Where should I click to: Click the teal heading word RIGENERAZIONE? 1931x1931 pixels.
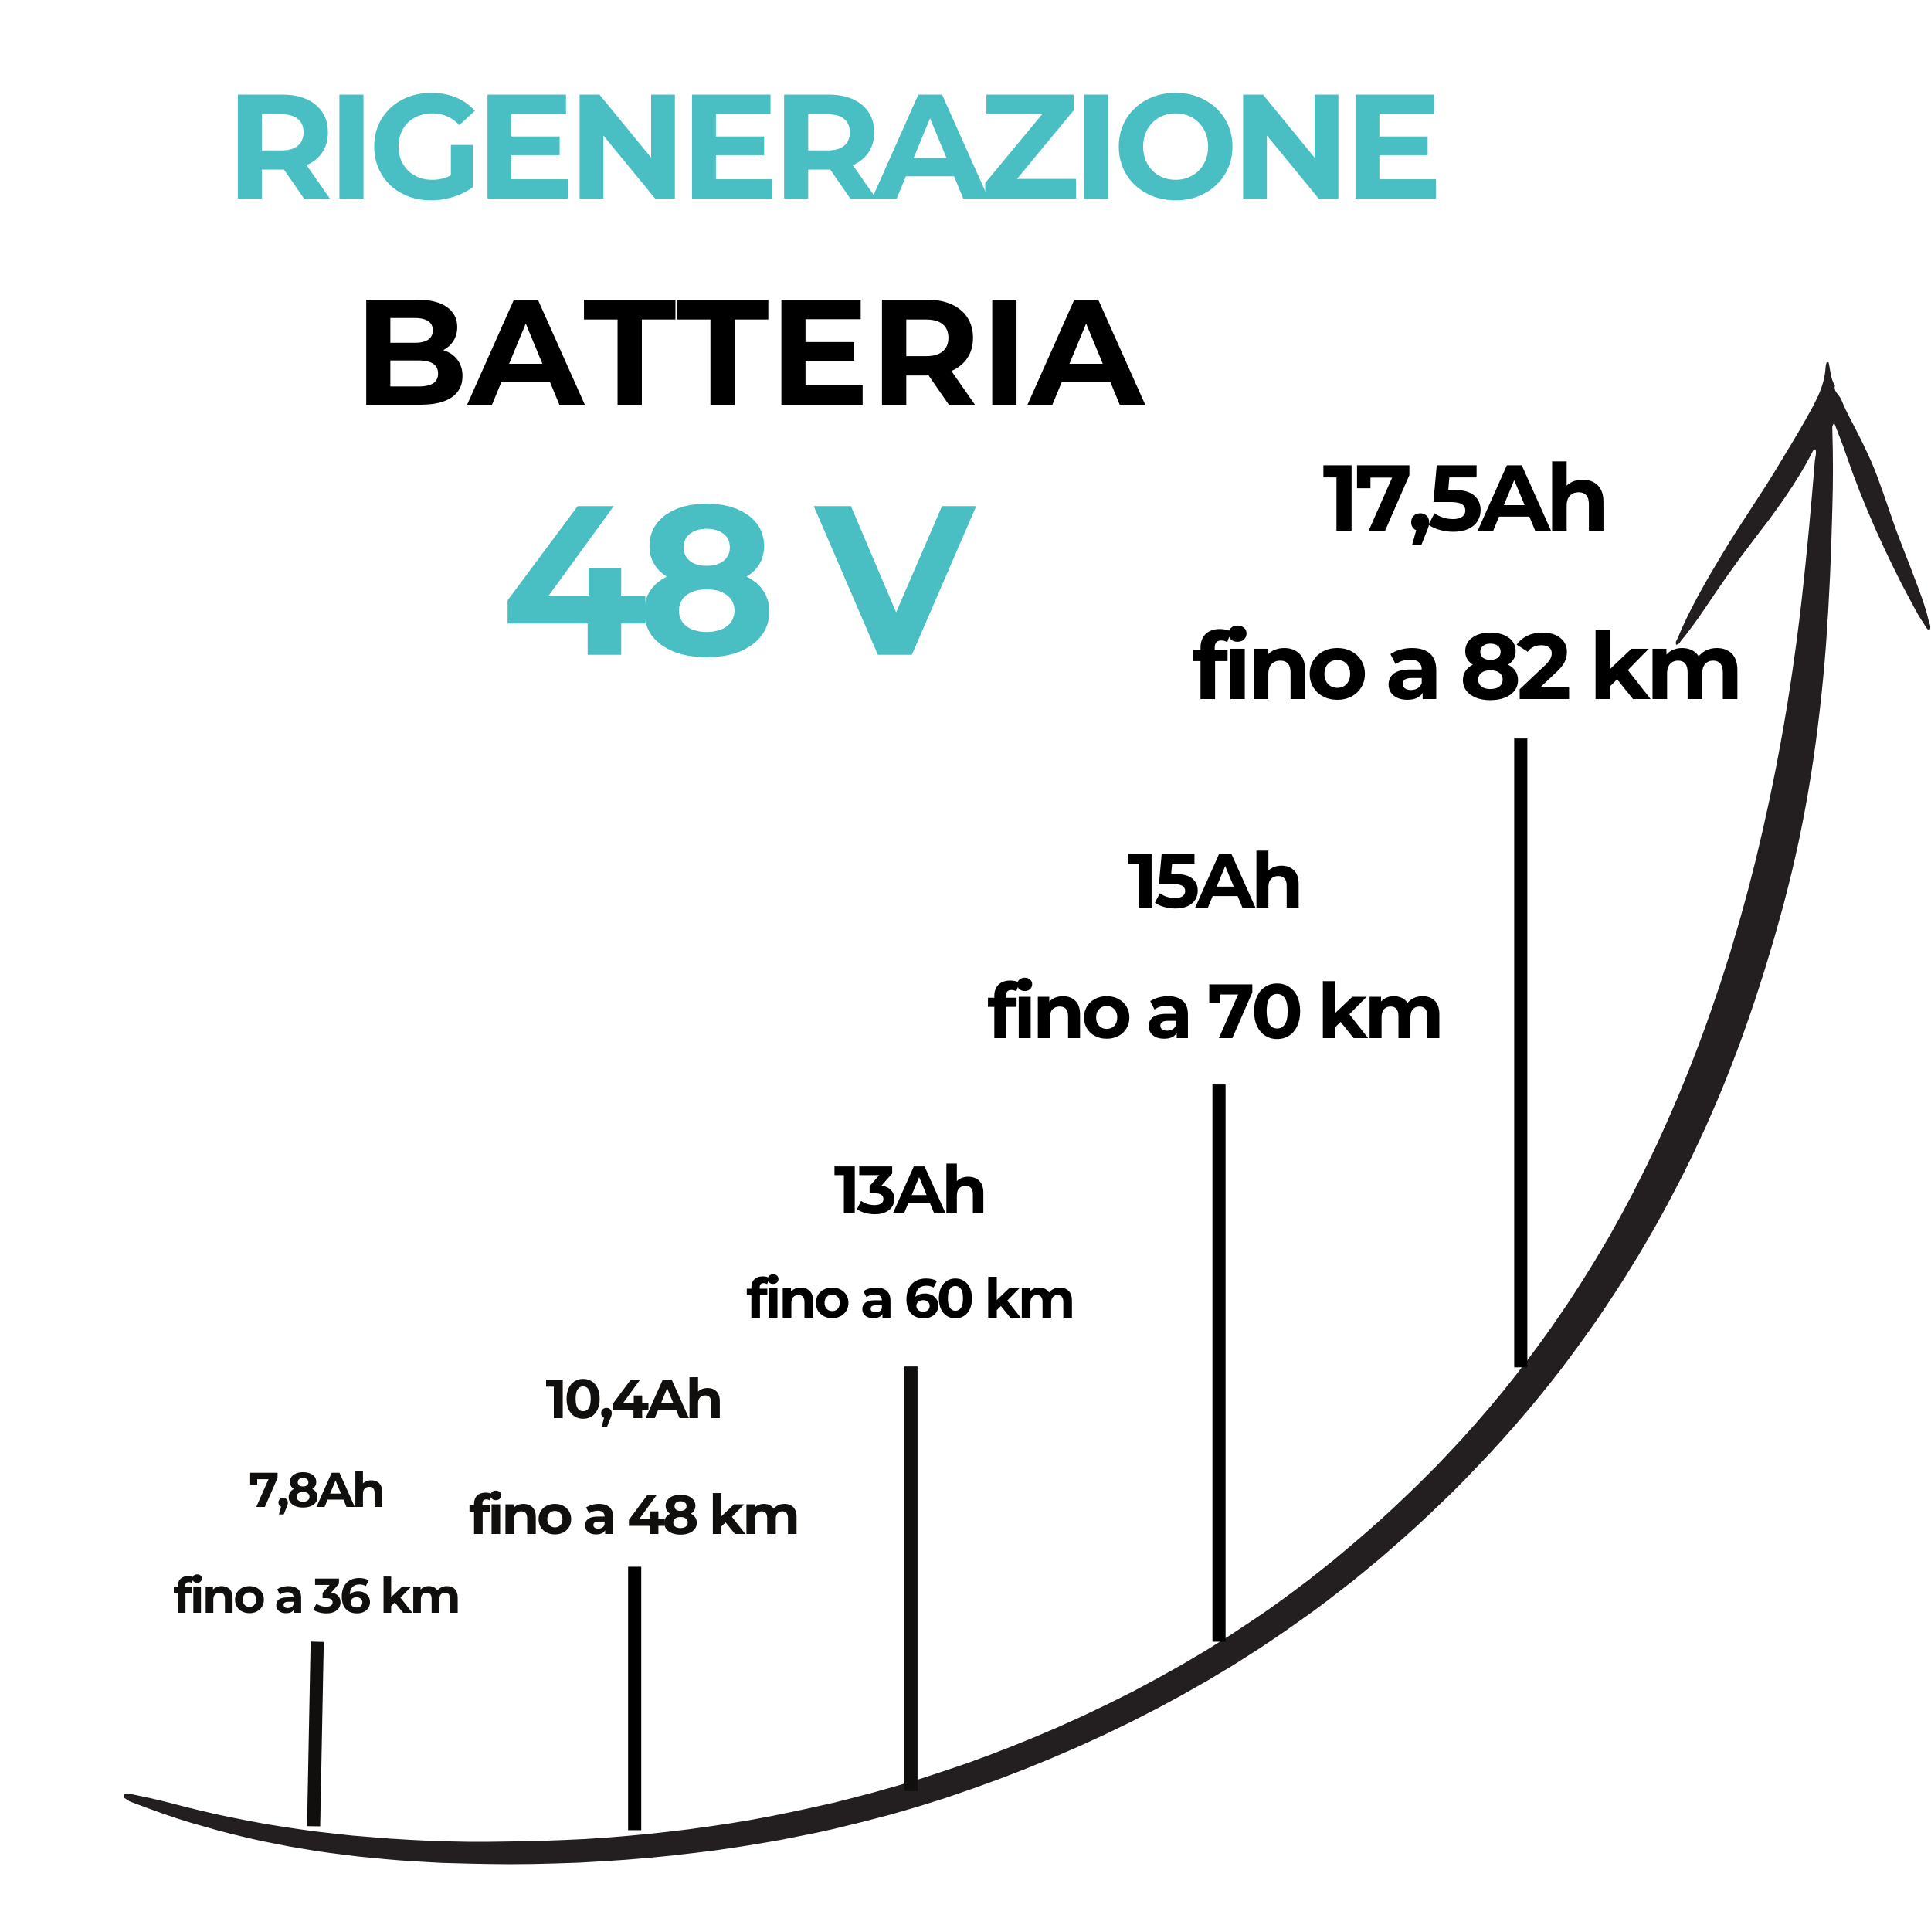pyautogui.click(x=836, y=146)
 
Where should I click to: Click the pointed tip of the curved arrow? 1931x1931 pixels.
pyautogui.click(x=1827, y=366)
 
